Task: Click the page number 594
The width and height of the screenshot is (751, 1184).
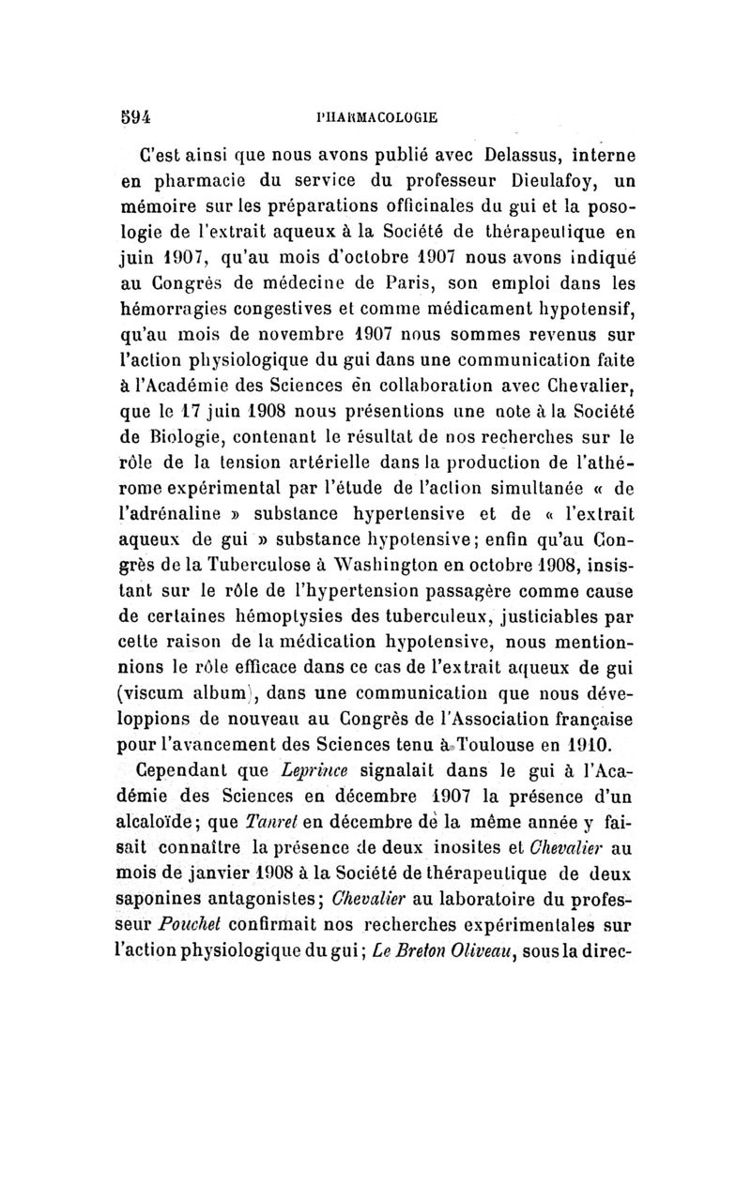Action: (x=135, y=118)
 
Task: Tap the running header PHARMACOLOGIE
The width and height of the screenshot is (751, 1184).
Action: (x=379, y=119)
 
